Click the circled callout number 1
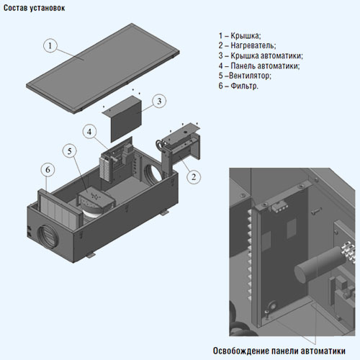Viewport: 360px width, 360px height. pos(50,45)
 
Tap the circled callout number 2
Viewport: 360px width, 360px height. pos(194,177)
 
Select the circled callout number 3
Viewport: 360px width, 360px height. pos(159,101)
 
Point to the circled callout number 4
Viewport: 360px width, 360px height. pos(89,132)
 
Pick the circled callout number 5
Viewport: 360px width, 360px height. pos(69,151)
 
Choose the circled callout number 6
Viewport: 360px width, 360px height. pos(48,170)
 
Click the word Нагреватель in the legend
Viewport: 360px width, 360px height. pos(253,45)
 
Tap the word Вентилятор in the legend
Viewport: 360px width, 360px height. pos(250,76)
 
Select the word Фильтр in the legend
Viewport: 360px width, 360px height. pos(244,86)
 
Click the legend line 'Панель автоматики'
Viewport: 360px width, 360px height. pos(259,66)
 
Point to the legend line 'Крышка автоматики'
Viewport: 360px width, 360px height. pos(261,55)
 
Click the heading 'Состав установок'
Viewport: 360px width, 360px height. pos(35,8)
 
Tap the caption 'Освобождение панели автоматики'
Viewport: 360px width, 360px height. pos(279,351)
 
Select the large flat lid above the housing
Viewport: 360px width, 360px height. pos(103,68)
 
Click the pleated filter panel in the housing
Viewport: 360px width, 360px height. pos(60,208)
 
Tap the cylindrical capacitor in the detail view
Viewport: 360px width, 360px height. pos(319,266)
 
